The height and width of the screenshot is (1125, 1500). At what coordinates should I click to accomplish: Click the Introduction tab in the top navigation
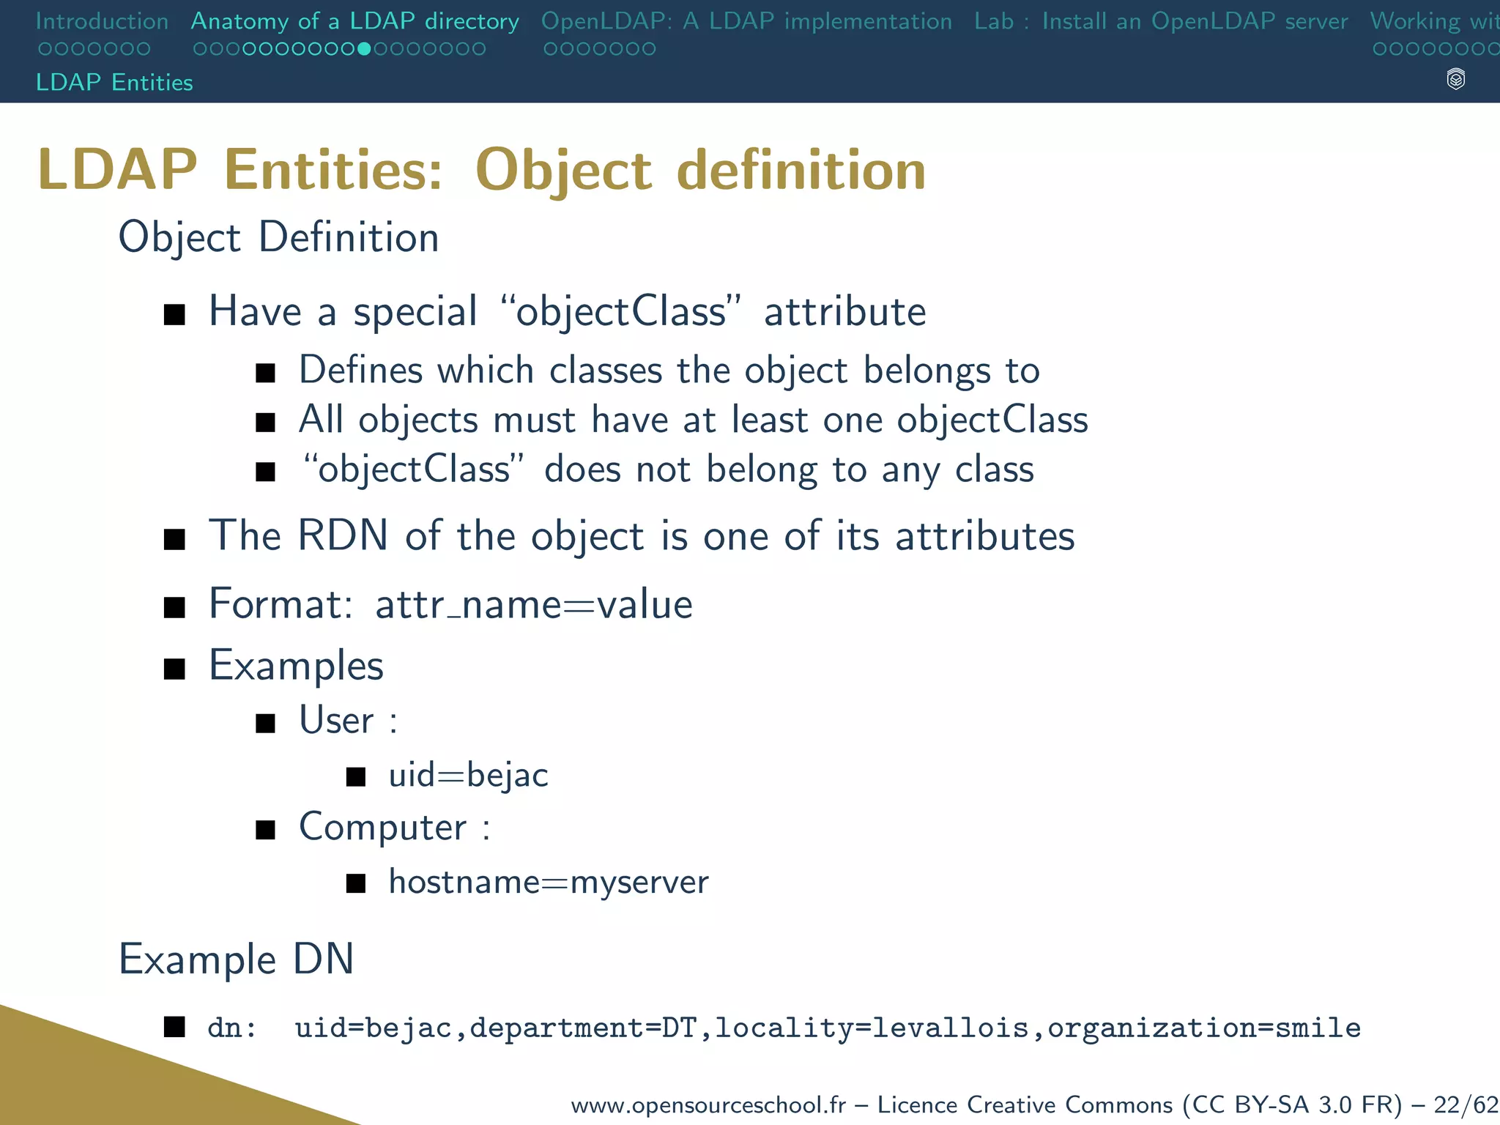[102, 21]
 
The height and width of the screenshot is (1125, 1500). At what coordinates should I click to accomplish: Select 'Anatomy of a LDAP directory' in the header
[354, 21]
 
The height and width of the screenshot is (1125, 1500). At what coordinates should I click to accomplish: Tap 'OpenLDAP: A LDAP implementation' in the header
[746, 21]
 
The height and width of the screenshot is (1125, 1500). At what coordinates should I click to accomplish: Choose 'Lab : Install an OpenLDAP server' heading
[1161, 21]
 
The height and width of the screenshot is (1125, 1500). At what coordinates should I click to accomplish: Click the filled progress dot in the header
[364, 49]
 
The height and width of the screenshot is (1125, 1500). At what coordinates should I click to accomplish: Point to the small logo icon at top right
[1456, 79]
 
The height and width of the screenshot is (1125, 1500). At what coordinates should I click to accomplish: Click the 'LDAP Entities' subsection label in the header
[114, 82]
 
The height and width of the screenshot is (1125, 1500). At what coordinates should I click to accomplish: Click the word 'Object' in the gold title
[562, 171]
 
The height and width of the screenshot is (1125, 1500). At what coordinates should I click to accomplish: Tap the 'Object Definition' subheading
[278, 237]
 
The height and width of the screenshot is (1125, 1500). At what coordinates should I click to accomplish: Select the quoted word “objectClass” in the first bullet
[620, 311]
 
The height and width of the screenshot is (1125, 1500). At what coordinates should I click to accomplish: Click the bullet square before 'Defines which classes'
[265, 374]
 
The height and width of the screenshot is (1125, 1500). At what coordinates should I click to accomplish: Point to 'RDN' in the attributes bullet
[342, 535]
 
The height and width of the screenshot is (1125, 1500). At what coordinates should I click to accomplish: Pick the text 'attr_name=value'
[533, 605]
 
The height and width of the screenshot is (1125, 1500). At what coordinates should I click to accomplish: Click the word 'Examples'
[296, 666]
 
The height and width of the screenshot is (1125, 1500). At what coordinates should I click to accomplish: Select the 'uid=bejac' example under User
[468, 775]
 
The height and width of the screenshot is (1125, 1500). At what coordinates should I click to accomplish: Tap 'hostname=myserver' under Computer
[549, 882]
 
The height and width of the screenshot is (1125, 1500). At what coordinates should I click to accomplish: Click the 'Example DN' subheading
[236, 959]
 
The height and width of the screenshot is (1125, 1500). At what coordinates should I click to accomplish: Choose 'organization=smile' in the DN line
[1203, 1028]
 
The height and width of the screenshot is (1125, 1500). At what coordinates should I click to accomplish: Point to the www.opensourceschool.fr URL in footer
[708, 1104]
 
